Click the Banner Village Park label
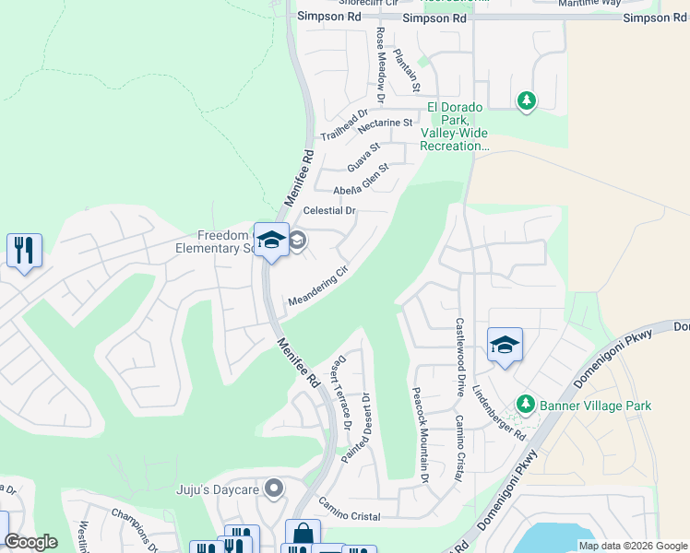pyautogui.click(x=596, y=406)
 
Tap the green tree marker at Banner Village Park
pyautogui.click(x=526, y=404)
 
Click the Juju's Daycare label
pyautogui.click(x=218, y=488)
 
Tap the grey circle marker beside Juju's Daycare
pyautogui.click(x=273, y=488)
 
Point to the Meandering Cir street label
pyautogui.click(x=318, y=288)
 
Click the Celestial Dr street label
pyautogui.click(x=329, y=211)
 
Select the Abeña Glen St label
pyautogui.click(x=361, y=179)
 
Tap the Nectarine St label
pyautogui.click(x=380, y=123)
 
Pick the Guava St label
pyautogui.click(x=363, y=156)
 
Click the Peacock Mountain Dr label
pyautogui.click(x=420, y=434)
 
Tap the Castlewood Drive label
pyautogui.click(x=458, y=358)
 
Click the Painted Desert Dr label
pyautogui.click(x=357, y=429)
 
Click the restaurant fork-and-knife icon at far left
pyautogui.click(x=24, y=249)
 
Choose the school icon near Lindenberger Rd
pyautogui.click(x=505, y=346)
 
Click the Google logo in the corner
pyautogui.click(x=31, y=542)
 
